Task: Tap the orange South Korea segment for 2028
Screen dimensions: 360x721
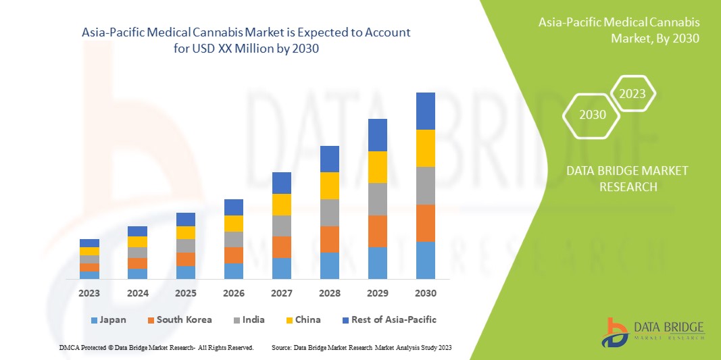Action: tap(329, 239)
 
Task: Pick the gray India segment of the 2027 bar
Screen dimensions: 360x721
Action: tap(281, 226)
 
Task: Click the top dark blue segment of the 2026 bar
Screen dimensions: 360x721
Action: tap(233, 207)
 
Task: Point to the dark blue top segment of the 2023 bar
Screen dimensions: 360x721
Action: tap(89, 243)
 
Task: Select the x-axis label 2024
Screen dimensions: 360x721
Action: tap(137, 294)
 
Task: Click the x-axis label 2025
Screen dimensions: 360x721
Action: tap(185, 294)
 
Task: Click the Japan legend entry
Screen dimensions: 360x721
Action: tap(108, 319)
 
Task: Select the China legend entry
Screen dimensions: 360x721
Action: tap(301, 319)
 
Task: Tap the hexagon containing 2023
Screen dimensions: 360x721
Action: tap(632, 94)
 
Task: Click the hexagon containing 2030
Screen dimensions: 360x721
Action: tap(593, 115)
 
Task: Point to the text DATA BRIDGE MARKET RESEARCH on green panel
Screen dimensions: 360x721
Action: tap(628, 178)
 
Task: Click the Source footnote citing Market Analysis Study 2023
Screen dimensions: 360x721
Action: tap(361, 347)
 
